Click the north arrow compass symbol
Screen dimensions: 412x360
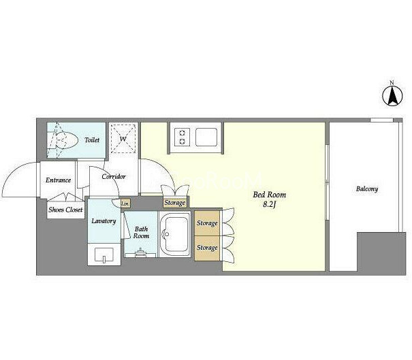click(x=392, y=96)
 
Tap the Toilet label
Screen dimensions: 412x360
click(x=92, y=140)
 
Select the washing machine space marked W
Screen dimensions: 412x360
click(x=123, y=138)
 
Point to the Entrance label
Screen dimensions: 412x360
click(x=58, y=180)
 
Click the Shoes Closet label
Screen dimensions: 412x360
click(x=65, y=210)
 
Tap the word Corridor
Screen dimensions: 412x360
click(x=114, y=176)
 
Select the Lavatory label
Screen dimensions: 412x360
click(x=104, y=221)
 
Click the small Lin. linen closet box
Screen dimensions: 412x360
click(x=125, y=203)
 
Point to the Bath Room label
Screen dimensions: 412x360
click(x=141, y=232)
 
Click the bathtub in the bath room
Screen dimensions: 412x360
click(x=175, y=234)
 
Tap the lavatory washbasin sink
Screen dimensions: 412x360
click(x=104, y=255)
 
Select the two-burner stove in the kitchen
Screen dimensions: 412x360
click(x=182, y=137)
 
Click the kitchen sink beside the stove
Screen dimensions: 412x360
click(x=206, y=137)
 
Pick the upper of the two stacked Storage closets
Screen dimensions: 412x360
click(x=207, y=223)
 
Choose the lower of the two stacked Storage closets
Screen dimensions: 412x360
click(x=207, y=248)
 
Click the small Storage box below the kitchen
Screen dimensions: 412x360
click(x=175, y=203)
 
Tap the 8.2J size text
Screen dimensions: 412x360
click(x=269, y=205)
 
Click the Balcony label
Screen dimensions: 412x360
click(x=367, y=189)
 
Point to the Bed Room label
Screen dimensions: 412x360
click(x=270, y=195)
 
